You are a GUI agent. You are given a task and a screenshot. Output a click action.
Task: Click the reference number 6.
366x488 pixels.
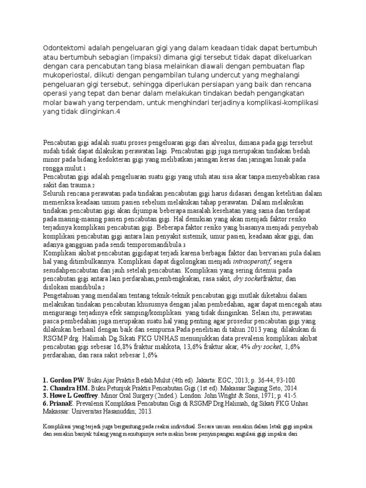[x=45, y=404]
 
